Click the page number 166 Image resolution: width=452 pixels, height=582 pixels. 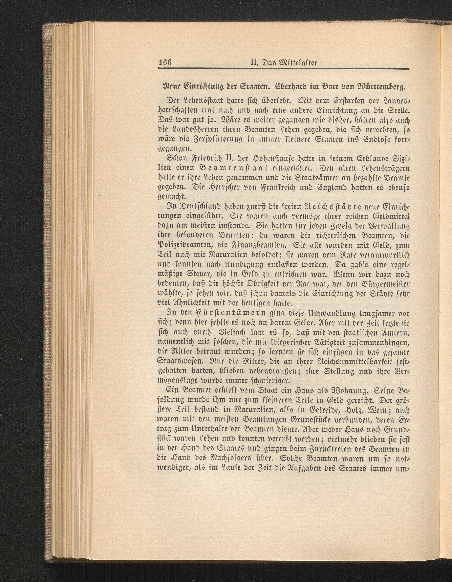click(x=165, y=63)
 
